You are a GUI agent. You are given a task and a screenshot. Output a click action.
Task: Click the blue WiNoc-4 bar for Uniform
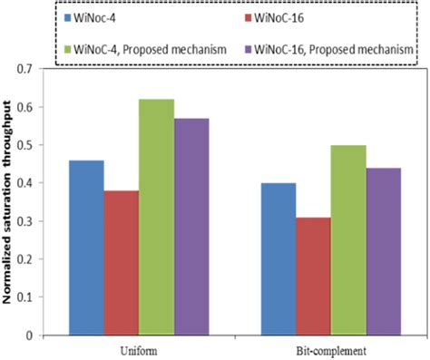point(86,248)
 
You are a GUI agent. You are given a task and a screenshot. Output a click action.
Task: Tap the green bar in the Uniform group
point(156,217)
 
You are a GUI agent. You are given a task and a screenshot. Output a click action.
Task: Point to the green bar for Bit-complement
point(348,239)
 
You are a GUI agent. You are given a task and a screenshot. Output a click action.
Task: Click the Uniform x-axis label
point(139,348)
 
